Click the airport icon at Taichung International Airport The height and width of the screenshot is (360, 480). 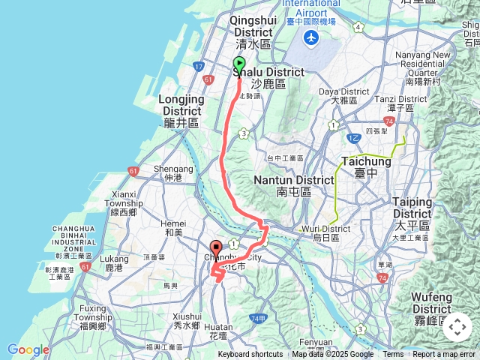pos(311,38)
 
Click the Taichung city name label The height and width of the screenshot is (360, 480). pos(367,166)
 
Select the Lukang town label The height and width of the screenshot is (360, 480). pos(114,262)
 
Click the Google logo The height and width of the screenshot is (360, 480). pos(28,349)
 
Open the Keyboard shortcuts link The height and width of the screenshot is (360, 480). pos(250,355)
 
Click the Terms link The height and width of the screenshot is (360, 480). pos(393,355)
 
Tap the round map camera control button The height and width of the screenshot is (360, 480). pos(457,327)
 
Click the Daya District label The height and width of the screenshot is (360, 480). pos(345,95)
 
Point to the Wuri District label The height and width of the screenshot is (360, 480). pos(326,232)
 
